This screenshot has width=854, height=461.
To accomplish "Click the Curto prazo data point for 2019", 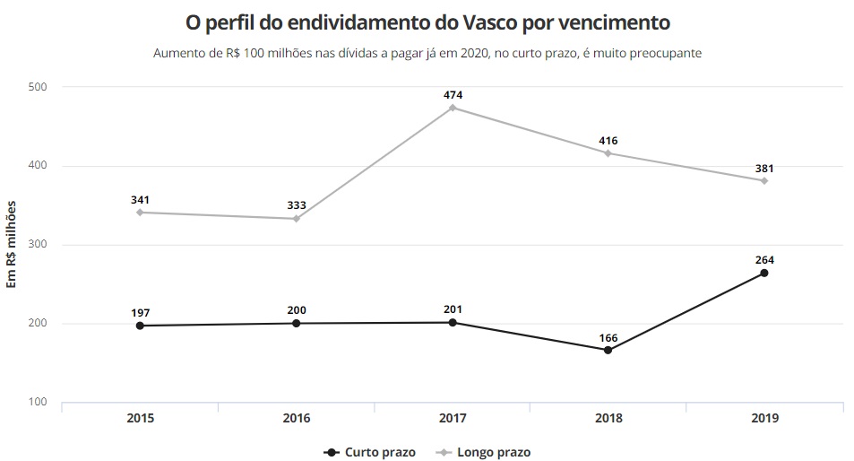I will (x=764, y=273).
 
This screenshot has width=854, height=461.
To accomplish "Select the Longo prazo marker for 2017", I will (x=453, y=108).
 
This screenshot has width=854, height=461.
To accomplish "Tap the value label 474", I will (x=453, y=94).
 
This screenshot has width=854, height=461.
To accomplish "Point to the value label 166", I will (x=608, y=336).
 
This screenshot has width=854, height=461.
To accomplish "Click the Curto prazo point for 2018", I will (x=608, y=350).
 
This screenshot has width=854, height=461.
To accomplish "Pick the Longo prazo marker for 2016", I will (x=297, y=218).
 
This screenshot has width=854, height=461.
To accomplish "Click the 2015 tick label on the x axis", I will (x=141, y=418).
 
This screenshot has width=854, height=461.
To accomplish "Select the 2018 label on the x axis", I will (x=608, y=418).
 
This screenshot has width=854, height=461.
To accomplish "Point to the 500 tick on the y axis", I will (x=37, y=87).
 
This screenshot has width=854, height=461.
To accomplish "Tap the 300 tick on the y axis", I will (x=37, y=245).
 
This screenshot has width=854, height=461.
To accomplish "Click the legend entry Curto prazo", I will (x=371, y=452).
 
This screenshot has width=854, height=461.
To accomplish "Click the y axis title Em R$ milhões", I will (x=13, y=244).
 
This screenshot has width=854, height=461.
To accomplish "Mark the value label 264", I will (x=764, y=259).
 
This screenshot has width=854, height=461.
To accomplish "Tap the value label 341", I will (x=141, y=198).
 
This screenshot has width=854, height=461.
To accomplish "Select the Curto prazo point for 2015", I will (x=141, y=326).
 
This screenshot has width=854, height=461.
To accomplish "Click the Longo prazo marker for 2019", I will (x=764, y=180).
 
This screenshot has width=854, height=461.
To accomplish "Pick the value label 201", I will (x=453, y=309).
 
